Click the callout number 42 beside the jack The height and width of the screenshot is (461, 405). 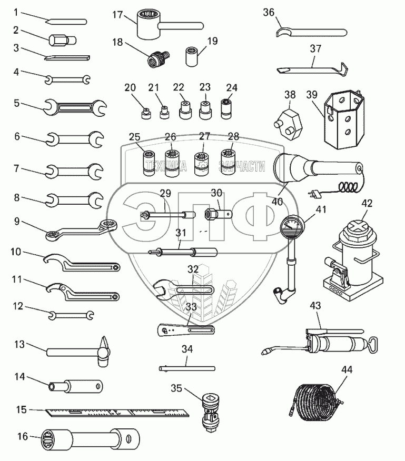click(367, 203)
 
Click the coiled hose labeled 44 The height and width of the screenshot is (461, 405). click(315, 402)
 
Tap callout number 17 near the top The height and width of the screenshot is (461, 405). click(117, 15)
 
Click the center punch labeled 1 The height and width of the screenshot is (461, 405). click(66, 22)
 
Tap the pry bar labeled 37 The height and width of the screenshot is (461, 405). click(311, 68)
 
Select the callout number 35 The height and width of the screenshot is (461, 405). click(177, 388)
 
